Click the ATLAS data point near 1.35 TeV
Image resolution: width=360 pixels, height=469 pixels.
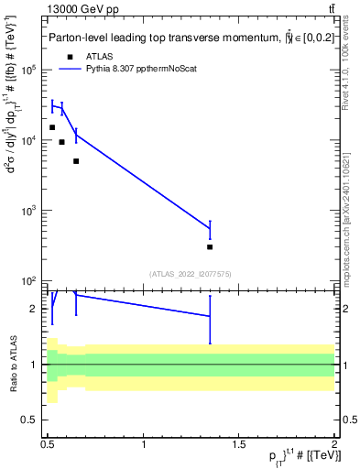(210, 246)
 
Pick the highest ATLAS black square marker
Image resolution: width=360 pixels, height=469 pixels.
(52, 127)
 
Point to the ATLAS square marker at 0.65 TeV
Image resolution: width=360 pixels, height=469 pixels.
(76, 160)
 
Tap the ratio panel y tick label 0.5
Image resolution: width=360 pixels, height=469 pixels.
(35, 420)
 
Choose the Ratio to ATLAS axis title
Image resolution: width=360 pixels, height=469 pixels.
(13, 364)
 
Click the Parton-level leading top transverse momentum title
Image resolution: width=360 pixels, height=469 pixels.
(183, 38)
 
